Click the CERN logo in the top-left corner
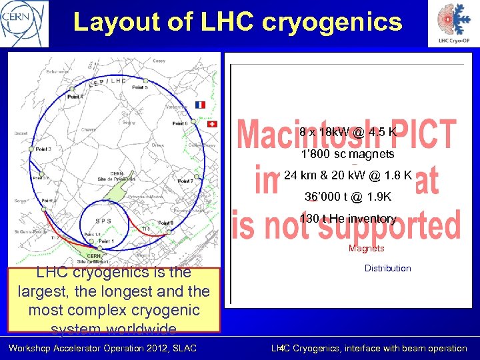click(25, 23)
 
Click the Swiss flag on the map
click(213, 124)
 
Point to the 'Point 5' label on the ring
click(141, 87)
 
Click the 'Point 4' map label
click(75, 97)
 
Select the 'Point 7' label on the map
click(185, 181)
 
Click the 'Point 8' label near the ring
click(165, 222)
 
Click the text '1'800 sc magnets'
click(347, 154)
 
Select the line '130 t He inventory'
click(347, 219)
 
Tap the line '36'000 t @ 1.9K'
click(347, 197)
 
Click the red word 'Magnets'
click(366, 248)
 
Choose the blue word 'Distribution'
click(387, 268)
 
